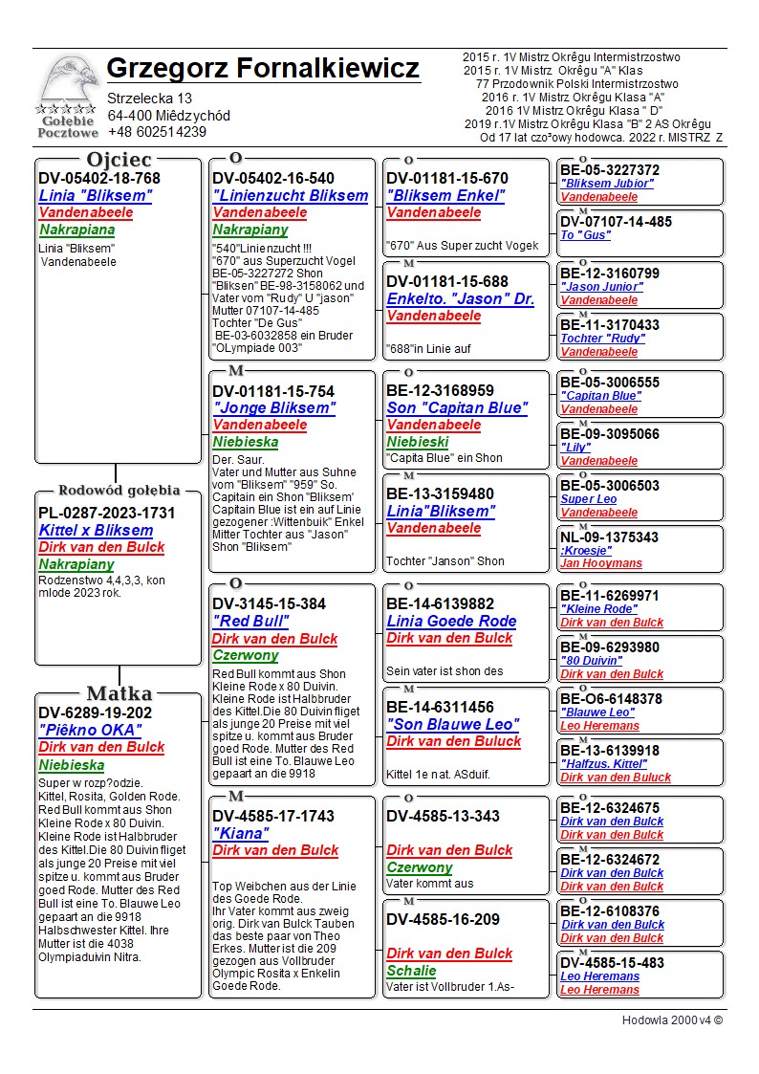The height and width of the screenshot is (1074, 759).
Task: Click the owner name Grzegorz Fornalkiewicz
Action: tap(263, 69)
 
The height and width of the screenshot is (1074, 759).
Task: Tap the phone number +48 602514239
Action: tap(157, 132)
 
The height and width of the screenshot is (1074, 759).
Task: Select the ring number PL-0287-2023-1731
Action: tap(107, 513)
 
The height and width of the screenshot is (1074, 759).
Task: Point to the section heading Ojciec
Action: tap(119, 160)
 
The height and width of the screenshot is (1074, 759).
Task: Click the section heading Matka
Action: tap(119, 693)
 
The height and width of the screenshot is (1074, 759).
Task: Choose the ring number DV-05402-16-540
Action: tap(273, 178)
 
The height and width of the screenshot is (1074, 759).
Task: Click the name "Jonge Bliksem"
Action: tap(273, 408)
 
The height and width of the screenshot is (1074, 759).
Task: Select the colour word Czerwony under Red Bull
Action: tap(245, 656)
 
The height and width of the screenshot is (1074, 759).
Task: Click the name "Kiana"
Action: tap(240, 833)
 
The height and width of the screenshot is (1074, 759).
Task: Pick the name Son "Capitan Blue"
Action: tap(457, 408)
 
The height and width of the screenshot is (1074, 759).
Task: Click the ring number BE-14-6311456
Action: tap(441, 708)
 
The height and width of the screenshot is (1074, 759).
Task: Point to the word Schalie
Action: tap(411, 971)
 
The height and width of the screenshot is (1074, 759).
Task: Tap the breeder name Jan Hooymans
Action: tap(600, 563)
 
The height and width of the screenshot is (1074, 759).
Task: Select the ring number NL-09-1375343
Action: tap(609, 537)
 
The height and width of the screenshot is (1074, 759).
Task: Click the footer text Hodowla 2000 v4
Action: tap(672, 1019)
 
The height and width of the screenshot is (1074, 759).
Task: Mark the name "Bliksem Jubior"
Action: tap(607, 184)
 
